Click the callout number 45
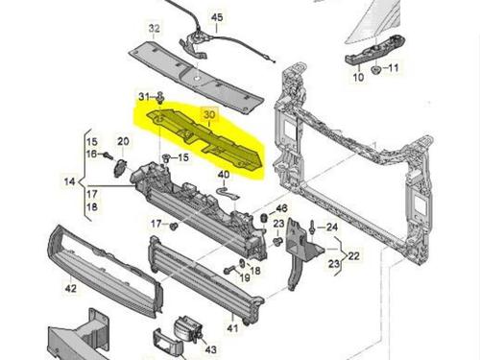(217, 17)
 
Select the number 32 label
(154, 28)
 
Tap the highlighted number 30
(209, 114)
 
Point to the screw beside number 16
(108, 156)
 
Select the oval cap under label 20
(120, 167)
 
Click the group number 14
(70, 181)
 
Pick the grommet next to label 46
(265, 218)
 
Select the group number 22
(353, 255)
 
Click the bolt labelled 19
(229, 270)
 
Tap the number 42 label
(71, 288)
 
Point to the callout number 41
(232, 328)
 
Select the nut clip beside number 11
(375, 69)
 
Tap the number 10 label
(358, 77)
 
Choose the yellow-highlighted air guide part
(204, 138)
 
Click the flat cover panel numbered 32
(195, 76)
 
